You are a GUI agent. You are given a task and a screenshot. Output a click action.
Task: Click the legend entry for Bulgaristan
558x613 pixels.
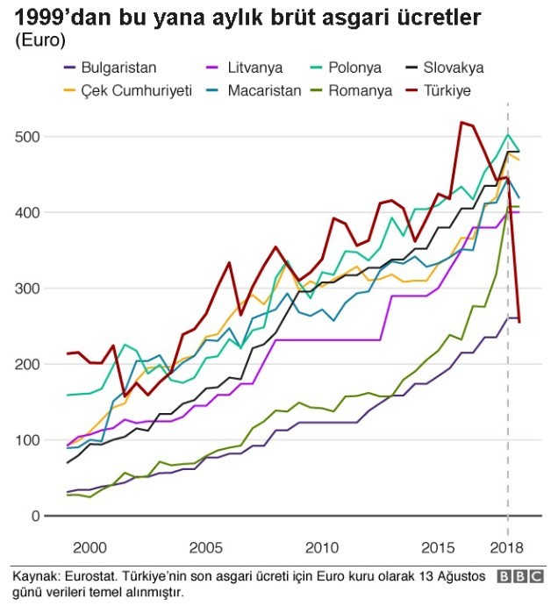tap(118, 68)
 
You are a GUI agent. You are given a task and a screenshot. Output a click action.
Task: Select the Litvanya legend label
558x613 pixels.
tap(254, 68)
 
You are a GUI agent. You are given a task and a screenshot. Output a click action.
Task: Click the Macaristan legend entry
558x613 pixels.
tap(264, 90)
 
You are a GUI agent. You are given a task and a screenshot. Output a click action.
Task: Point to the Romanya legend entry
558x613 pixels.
tap(360, 90)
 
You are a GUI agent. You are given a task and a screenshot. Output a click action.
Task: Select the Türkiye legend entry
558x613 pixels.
tap(448, 90)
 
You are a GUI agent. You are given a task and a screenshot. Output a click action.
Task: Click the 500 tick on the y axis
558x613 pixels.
tap(26, 137)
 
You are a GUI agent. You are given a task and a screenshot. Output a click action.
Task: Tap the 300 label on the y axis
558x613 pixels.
tap(26, 289)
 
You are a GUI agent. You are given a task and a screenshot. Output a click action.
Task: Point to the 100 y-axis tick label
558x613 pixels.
tap(26, 440)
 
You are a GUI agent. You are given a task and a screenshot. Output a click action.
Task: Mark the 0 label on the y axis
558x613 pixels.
tap(34, 516)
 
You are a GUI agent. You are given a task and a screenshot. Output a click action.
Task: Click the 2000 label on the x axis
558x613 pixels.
tap(89, 548)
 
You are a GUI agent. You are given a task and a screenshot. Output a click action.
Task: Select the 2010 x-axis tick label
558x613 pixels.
tap(322, 548)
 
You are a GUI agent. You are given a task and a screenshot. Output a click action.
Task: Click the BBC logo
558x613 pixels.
tap(519, 577)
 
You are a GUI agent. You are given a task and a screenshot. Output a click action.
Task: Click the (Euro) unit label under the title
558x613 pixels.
tap(39, 41)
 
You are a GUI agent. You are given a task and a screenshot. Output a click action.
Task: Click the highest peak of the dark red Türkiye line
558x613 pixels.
tap(461, 122)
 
